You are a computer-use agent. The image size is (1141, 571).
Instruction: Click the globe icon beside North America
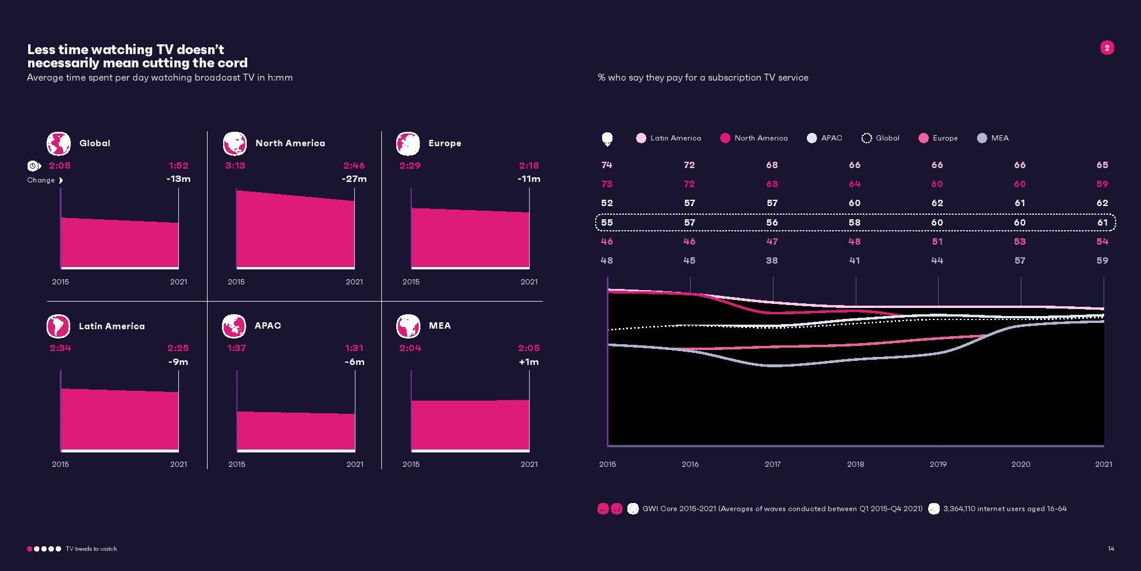click(235, 144)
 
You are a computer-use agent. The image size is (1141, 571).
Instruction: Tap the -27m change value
click(354, 179)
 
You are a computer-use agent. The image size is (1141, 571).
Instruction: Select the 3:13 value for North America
click(235, 166)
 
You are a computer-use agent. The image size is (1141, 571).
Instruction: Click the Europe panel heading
click(445, 143)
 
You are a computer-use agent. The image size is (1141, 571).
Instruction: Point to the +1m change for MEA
click(529, 362)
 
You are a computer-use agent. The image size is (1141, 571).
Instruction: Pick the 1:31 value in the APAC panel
click(354, 348)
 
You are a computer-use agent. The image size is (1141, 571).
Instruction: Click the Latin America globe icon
click(58, 326)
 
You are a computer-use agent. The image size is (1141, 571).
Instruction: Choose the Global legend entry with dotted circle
click(880, 138)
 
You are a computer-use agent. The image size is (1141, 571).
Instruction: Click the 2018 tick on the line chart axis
click(855, 465)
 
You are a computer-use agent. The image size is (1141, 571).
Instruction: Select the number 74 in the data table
click(607, 165)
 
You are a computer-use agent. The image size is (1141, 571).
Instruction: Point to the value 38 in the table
click(772, 261)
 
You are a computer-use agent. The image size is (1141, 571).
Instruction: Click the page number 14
click(1111, 549)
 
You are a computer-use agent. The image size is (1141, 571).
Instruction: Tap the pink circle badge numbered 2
click(1107, 48)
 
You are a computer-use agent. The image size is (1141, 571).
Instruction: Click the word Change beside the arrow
click(41, 180)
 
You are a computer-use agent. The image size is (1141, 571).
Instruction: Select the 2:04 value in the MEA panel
click(410, 348)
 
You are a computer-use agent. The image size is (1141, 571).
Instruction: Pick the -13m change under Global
click(178, 179)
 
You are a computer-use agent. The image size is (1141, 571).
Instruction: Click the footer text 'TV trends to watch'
click(91, 549)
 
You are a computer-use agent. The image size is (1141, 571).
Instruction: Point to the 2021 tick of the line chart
click(1103, 465)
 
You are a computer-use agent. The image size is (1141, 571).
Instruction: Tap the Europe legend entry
click(939, 138)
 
